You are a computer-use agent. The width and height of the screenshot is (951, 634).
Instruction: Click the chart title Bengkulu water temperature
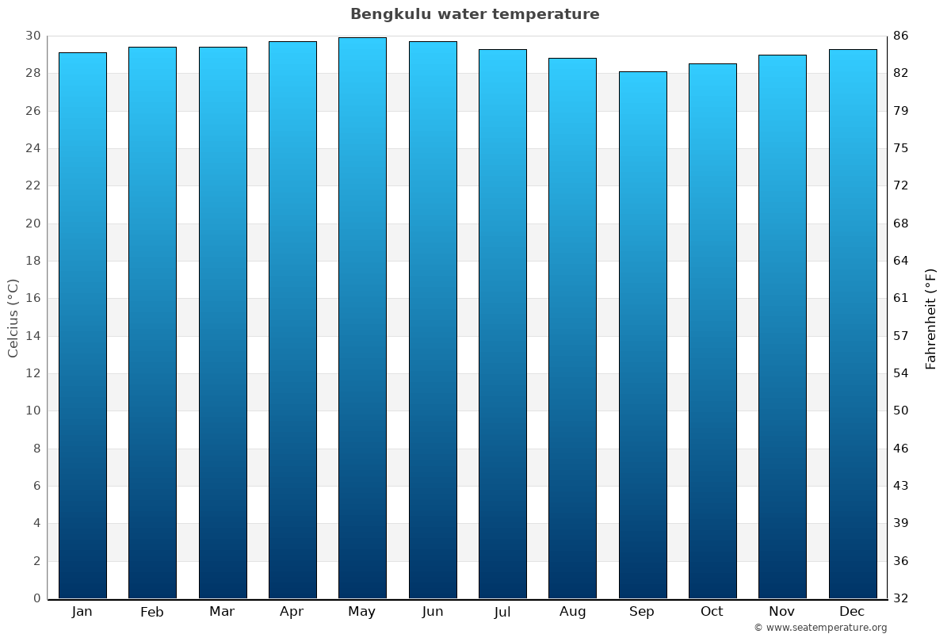[x=475, y=14]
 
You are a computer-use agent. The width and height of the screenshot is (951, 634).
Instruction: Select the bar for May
[x=362, y=317]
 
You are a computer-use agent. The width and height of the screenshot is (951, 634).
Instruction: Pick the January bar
[x=82, y=325]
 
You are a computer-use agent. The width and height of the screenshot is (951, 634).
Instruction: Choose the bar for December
[x=852, y=323]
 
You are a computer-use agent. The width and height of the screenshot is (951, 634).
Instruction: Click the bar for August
[x=572, y=328]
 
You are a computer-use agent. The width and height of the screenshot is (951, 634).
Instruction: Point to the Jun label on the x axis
[x=433, y=612]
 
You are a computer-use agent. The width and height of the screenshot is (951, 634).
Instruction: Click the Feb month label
[x=152, y=612]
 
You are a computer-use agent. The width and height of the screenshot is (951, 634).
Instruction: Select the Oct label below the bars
[x=712, y=612]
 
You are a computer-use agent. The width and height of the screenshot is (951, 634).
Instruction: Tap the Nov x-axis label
[x=782, y=612]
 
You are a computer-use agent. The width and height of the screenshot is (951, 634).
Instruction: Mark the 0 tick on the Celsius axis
[x=36, y=598]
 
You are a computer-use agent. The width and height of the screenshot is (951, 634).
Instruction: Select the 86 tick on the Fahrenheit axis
[x=902, y=36]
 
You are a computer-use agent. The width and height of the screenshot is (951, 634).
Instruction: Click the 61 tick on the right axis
[x=902, y=298]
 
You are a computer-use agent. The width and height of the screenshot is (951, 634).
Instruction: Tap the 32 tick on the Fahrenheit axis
[x=902, y=598]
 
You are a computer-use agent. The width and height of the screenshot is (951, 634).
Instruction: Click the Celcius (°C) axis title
[x=13, y=317]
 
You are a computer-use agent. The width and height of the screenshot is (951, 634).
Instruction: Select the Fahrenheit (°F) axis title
[x=931, y=319]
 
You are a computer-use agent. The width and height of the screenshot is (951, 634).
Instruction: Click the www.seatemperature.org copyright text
[x=820, y=628]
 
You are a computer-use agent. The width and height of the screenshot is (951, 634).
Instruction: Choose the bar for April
[x=292, y=319]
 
